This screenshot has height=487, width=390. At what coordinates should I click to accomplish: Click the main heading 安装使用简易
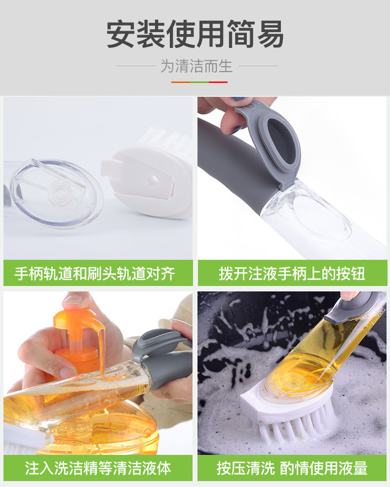point(195,34)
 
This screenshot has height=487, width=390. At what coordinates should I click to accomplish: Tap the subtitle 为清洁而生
point(196,66)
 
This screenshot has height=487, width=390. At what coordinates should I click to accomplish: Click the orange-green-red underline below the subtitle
point(199,82)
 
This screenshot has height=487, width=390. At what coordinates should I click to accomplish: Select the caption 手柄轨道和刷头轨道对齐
point(95,274)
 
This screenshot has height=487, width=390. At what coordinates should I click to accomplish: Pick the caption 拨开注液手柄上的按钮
point(292,274)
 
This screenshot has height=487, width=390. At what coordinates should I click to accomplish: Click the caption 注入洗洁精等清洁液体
point(98,468)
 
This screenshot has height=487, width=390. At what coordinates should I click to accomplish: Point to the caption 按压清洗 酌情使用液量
point(292,468)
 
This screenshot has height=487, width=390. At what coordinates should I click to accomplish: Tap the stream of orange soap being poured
point(102,351)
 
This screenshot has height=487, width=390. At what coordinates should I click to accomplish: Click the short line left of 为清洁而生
point(136,66)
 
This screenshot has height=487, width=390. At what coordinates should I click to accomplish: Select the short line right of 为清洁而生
point(259,66)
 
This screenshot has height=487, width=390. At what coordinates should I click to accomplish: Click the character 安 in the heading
point(121,34)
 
